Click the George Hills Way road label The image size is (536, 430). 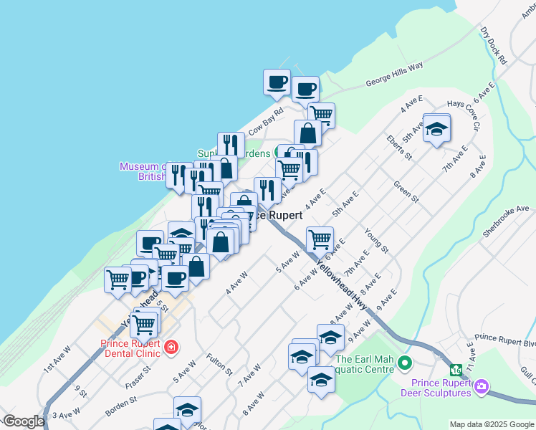pos(394,74)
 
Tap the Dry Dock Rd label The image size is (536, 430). pos(494,46)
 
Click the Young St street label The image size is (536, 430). pos(375,240)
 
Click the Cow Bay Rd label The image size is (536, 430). pos(267,121)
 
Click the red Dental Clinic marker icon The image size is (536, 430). pos(171,348)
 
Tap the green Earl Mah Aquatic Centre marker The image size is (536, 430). pos(404,363)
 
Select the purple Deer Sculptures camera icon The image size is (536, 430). pos(482,387)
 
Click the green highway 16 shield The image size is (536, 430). pos(455,371)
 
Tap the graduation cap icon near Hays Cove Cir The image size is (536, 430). pos(436,129)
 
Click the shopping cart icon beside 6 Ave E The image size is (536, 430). pos(320,238)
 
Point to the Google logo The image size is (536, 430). pos(24,421)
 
